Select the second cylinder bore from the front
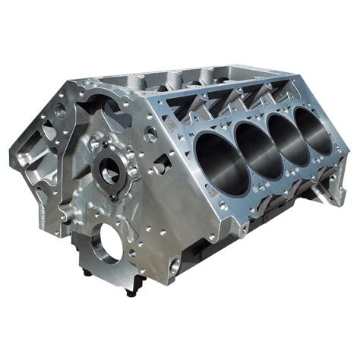255,144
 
